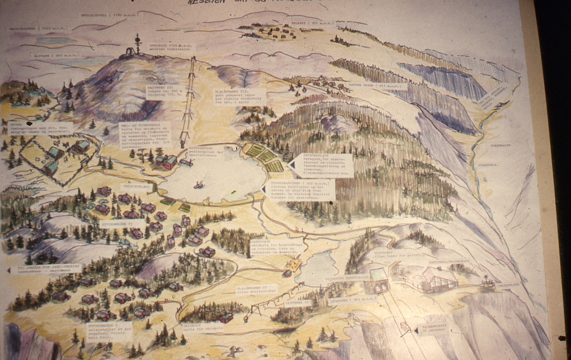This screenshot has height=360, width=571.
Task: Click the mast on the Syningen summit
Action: (x=136, y=45)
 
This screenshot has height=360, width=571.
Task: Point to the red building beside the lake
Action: (x=169, y=162)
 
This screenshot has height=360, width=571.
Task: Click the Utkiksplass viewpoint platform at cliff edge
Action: (x=487, y=282)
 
